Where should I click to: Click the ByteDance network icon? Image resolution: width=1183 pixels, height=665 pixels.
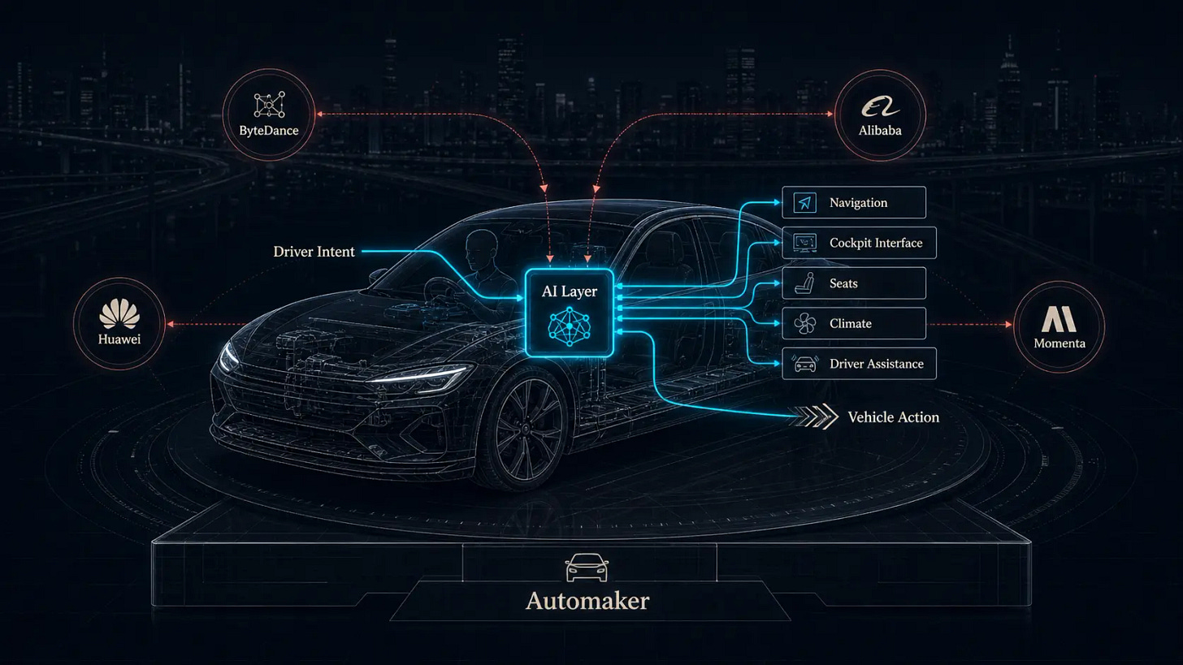click(270, 105)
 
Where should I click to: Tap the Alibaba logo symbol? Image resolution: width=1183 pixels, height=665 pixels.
click(880, 106)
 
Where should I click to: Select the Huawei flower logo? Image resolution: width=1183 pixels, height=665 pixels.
click(119, 313)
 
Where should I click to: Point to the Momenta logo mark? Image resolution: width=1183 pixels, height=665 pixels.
click(1059, 319)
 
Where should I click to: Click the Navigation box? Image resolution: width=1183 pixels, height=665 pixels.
click(853, 202)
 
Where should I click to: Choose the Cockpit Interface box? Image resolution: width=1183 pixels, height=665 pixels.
click(859, 243)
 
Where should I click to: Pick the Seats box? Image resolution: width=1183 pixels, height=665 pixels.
click(853, 283)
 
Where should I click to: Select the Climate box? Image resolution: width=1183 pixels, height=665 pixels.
click(853, 323)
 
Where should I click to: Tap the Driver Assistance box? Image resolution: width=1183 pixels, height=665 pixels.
click(859, 363)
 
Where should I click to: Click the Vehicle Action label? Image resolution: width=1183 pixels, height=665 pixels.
click(894, 417)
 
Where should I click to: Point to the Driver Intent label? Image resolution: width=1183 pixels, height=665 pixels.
click(314, 251)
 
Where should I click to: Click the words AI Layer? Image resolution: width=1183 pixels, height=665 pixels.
click(570, 291)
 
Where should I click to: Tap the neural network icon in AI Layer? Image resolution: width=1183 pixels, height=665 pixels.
click(570, 326)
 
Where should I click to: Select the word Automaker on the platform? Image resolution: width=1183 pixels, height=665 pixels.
click(587, 601)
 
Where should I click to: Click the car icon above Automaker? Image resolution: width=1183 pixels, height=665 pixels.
click(587, 568)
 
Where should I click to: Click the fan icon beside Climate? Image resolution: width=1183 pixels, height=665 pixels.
click(805, 323)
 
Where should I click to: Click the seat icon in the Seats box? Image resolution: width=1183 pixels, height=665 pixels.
click(805, 283)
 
